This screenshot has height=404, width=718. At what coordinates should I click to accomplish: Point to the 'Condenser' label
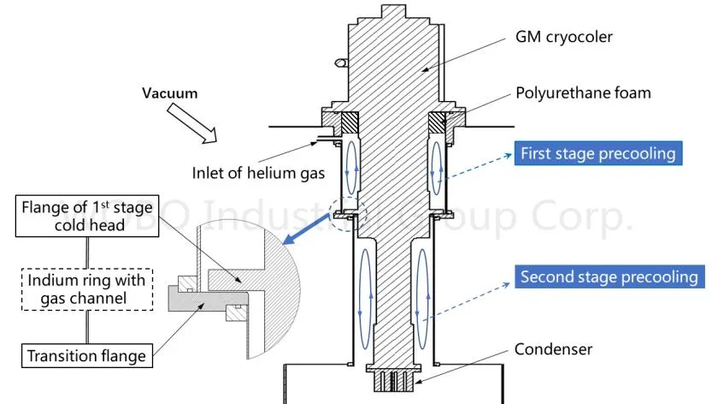[x=553, y=348]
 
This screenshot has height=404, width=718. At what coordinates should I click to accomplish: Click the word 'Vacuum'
[x=169, y=93]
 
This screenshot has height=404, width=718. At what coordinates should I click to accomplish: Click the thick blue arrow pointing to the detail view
[x=310, y=231]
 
